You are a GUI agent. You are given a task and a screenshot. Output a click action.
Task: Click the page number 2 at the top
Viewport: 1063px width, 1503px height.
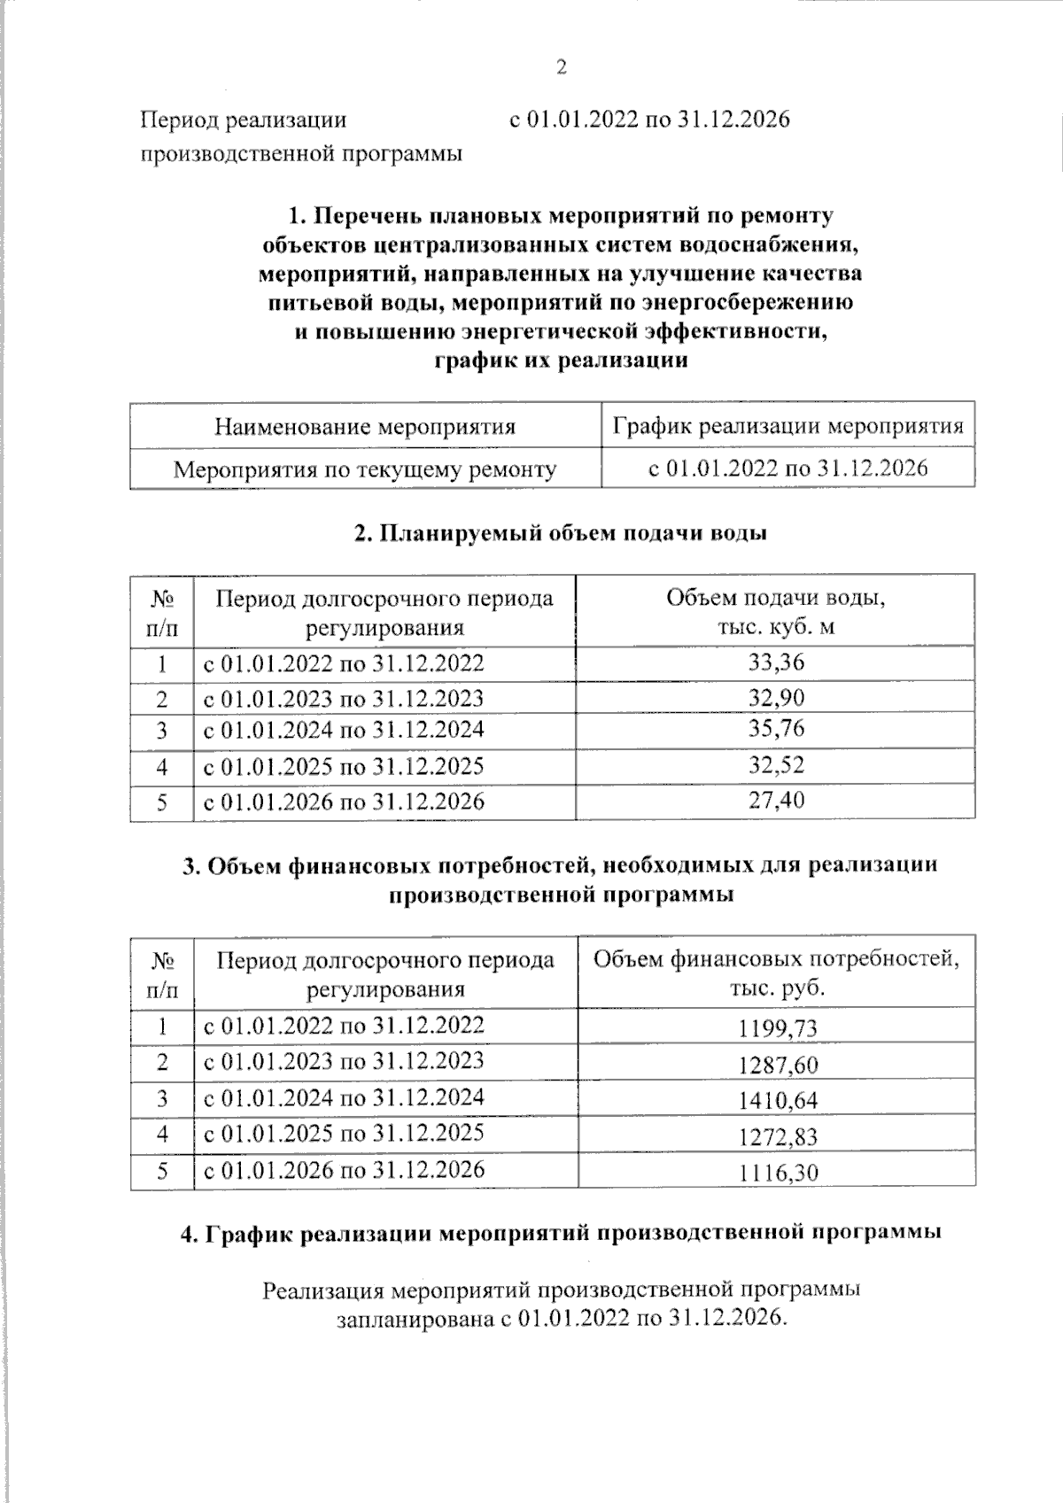point(560,67)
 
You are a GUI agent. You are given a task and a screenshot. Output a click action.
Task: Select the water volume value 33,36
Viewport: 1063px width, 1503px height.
point(776,662)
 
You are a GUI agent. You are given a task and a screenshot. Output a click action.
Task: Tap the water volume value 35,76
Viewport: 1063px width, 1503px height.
point(776,729)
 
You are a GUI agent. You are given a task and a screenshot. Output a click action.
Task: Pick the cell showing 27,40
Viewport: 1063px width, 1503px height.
point(776,801)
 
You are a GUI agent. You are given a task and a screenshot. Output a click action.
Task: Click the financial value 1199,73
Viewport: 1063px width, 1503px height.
point(777,1028)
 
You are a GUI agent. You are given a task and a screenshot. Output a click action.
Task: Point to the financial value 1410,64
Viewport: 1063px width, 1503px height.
point(777,1101)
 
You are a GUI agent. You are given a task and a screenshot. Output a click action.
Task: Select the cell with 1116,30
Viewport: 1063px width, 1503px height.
point(777,1173)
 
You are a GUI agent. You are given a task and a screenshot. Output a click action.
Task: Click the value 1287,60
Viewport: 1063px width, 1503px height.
point(777,1065)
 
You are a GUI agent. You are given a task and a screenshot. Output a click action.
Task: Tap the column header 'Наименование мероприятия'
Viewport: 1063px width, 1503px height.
point(365,427)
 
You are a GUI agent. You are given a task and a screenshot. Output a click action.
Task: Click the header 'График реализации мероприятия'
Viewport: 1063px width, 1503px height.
point(788,427)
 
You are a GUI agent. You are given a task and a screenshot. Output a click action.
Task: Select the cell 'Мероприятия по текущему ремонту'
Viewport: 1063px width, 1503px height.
point(365,469)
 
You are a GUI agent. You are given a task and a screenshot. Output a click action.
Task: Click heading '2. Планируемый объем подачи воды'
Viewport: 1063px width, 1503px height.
point(560,533)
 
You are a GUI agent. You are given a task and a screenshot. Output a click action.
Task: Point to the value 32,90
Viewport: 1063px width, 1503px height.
point(776,698)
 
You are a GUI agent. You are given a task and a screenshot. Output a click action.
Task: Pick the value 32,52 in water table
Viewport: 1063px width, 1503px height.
point(776,765)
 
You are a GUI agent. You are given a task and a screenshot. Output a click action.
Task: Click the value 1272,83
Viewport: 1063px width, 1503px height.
point(777,1137)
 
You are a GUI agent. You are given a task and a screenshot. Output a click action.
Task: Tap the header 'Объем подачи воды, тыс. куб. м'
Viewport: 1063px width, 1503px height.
point(776,611)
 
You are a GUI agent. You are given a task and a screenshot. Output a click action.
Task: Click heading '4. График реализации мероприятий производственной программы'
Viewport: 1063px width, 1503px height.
point(560,1233)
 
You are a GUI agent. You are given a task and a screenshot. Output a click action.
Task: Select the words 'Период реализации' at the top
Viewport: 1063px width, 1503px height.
point(244,119)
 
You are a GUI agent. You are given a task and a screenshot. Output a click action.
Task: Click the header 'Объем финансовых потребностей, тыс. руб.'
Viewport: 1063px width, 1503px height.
point(776,972)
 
